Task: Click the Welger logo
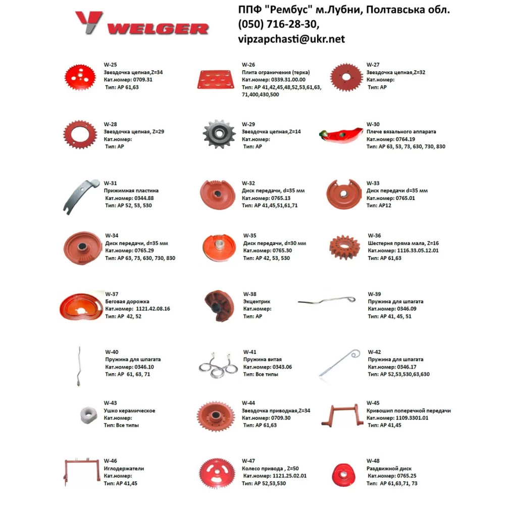[141, 23]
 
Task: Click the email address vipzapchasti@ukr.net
[291, 39]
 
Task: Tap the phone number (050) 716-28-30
[279, 24]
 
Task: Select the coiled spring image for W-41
[218, 366]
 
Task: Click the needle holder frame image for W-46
[80, 472]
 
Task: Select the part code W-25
[110, 65]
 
